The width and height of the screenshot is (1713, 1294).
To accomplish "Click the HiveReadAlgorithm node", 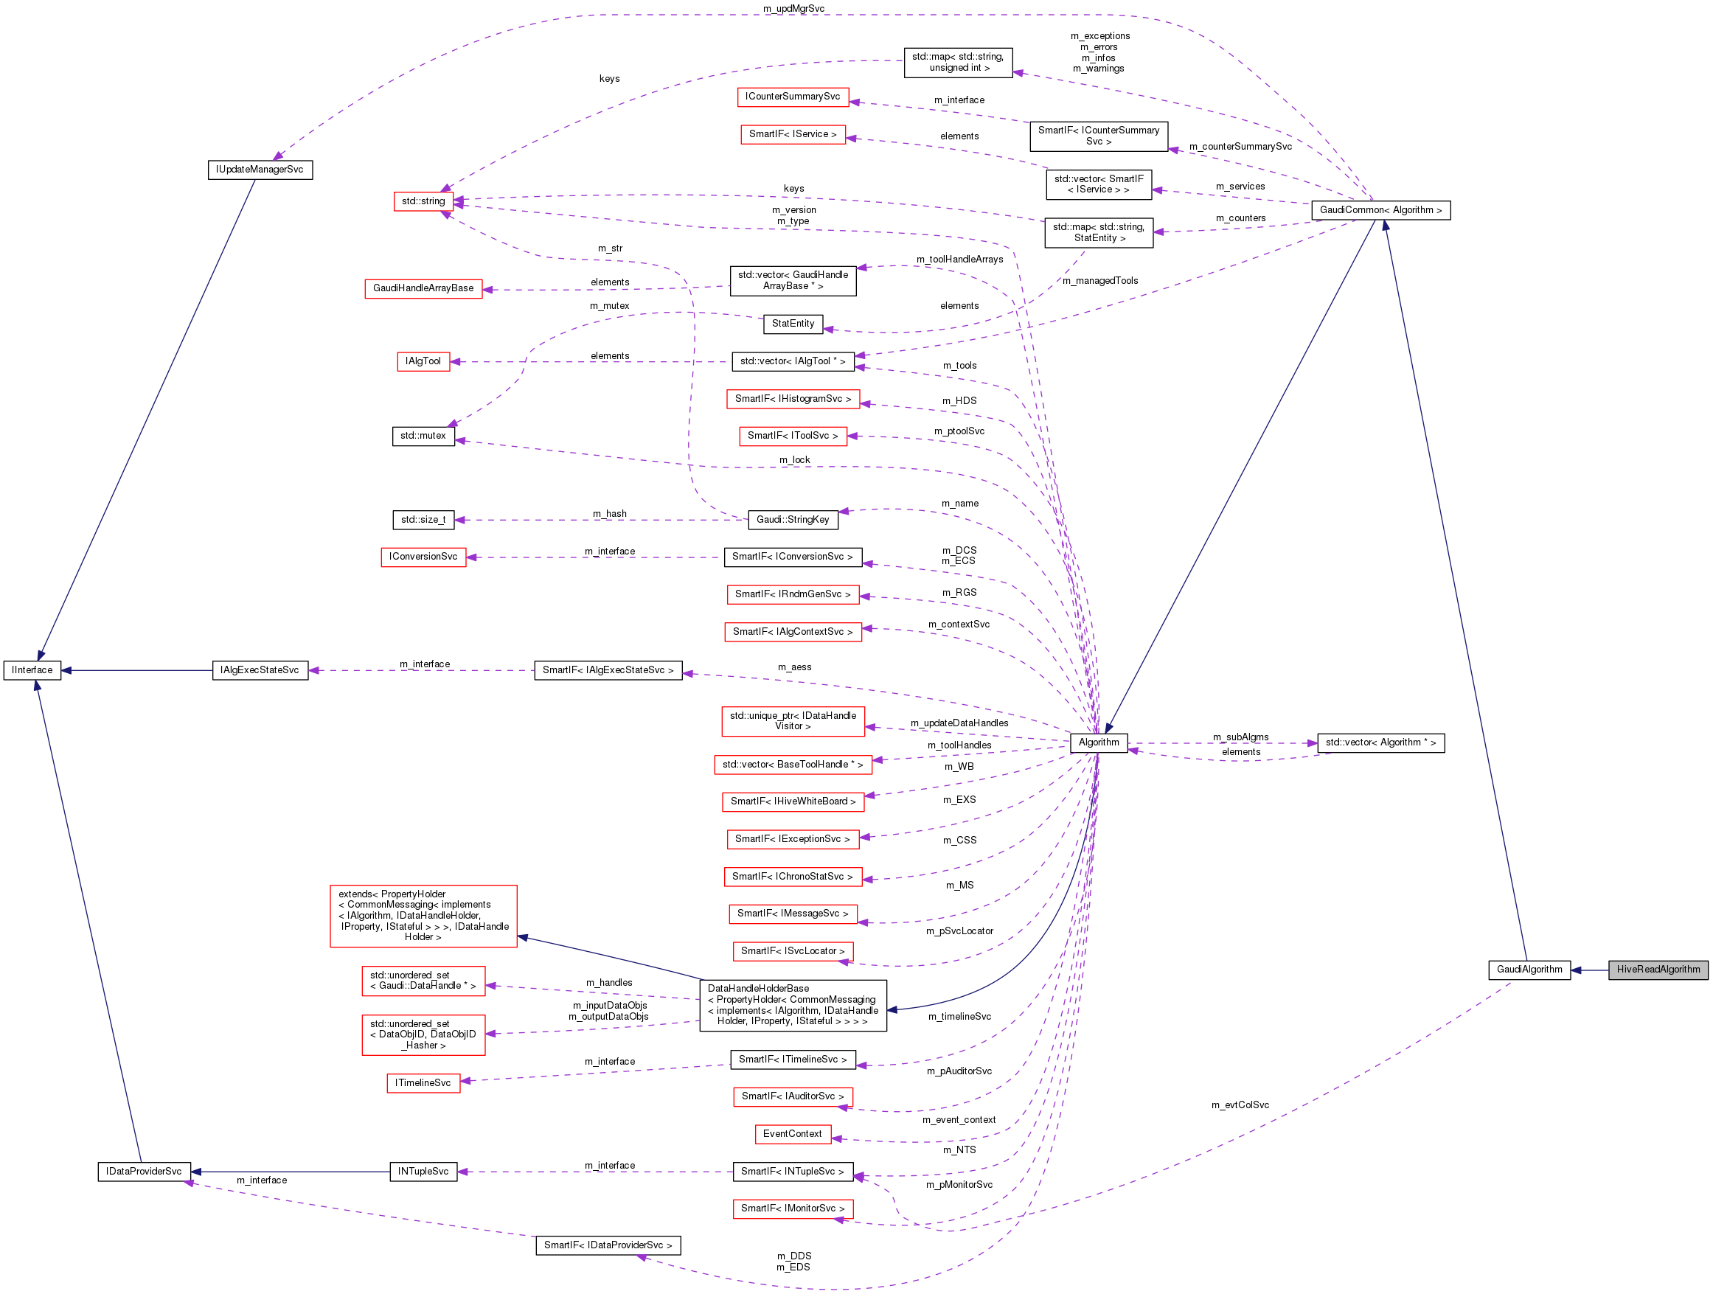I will click(1657, 970).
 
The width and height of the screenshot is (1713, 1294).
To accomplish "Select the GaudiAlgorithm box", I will click(1529, 970).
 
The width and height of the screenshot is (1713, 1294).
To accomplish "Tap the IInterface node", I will click(32, 671).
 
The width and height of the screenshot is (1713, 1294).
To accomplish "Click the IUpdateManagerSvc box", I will click(260, 170).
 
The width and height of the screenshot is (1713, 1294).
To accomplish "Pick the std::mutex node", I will click(423, 436).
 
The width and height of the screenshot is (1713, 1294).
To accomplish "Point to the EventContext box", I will click(792, 1135).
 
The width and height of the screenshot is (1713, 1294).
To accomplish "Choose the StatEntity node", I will click(792, 324).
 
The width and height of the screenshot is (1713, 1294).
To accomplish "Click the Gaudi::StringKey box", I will click(792, 520).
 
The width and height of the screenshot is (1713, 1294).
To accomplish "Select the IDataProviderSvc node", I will click(143, 1172).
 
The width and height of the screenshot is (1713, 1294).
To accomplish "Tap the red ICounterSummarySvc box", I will click(792, 97).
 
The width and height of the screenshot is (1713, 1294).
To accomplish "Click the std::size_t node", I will click(423, 520).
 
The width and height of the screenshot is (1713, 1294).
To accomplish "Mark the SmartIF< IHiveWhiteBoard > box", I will click(792, 801).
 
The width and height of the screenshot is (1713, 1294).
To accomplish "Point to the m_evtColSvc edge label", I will click(1240, 1105).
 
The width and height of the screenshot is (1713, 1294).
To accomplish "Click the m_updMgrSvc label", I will click(793, 9).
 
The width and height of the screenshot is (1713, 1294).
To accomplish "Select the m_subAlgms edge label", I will click(1240, 737).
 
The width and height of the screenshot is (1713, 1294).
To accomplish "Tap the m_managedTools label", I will click(1099, 281).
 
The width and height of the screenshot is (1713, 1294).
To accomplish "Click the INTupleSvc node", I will click(423, 1172).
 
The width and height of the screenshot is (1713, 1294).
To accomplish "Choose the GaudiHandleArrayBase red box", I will click(423, 288).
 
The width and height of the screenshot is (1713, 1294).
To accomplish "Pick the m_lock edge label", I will click(793, 460).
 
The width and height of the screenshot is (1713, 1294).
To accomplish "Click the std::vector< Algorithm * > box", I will click(1380, 742).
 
